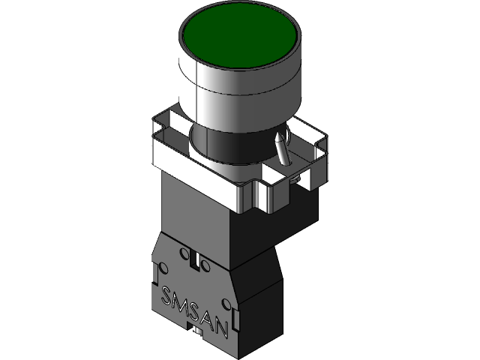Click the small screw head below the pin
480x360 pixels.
(x=298, y=178)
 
